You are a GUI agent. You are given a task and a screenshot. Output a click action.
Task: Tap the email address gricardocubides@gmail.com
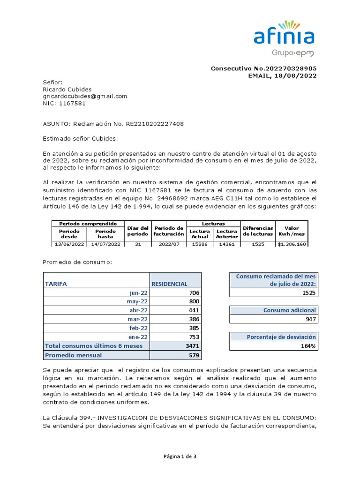[85, 96]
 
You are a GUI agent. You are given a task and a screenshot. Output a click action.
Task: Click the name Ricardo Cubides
[67, 89]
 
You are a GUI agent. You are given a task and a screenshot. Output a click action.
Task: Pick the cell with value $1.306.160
[292, 244]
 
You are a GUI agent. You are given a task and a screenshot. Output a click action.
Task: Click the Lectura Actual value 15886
[200, 244]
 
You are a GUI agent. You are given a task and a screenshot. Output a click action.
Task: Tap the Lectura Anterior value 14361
[227, 244]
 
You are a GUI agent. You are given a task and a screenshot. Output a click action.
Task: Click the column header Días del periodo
[137, 231]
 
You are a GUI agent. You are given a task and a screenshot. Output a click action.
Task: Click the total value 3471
[192, 346]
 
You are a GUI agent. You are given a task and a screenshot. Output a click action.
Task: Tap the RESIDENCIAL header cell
[169, 284]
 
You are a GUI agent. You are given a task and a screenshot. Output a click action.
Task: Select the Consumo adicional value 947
[310, 319]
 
